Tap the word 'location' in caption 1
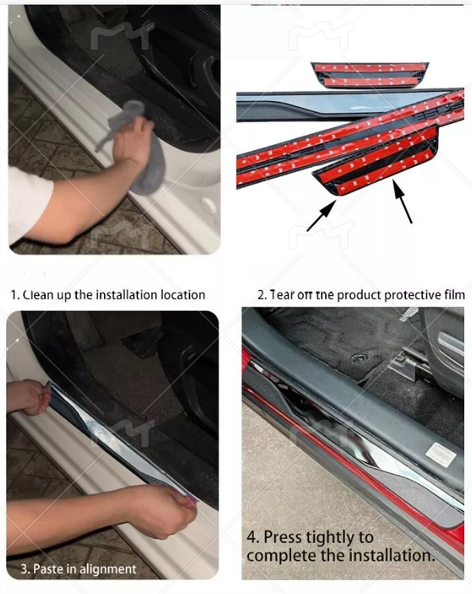(181, 295)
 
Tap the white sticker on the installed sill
(440, 455)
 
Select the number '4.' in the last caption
(254, 536)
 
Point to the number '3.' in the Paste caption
(24, 568)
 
